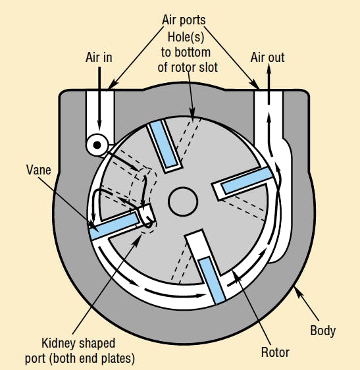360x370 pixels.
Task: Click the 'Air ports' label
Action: point(184,20)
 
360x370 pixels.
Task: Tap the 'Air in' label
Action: point(99,57)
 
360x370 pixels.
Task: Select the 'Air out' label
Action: point(267,57)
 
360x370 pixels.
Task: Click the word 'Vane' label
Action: point(38,170)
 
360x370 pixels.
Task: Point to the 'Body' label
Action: point(322,331)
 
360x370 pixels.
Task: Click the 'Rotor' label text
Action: point(275,352)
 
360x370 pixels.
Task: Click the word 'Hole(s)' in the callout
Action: point(186,38)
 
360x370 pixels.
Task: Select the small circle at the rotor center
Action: point(183,201)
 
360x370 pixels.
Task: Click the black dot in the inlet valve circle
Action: point(97,145)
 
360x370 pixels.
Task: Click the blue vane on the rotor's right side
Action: point(247,180)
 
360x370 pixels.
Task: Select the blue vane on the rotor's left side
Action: point(115,225)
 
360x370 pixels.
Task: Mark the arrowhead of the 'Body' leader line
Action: point(297,291)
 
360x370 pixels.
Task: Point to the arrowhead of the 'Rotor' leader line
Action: point(237,276)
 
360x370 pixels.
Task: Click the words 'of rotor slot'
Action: point(188,68)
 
